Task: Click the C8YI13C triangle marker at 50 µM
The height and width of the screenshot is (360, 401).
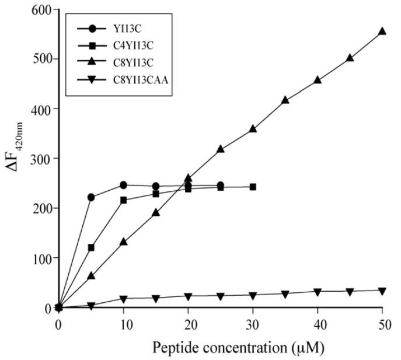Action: (x=382, y=31)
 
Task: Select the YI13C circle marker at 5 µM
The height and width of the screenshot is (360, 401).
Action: (x=91, y=197)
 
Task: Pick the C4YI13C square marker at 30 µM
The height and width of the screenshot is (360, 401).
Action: (x=253, y=187)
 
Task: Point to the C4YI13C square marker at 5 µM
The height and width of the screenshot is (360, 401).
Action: (x=91, y=248)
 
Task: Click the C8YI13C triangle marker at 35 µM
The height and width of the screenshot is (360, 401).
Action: (x=285, y=100)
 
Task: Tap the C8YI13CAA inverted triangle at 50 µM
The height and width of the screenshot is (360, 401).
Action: (x=382, y=291)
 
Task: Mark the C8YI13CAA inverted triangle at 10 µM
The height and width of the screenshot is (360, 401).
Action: (x=123, y=299)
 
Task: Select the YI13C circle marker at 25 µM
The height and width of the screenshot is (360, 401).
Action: (x=220, y=186)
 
